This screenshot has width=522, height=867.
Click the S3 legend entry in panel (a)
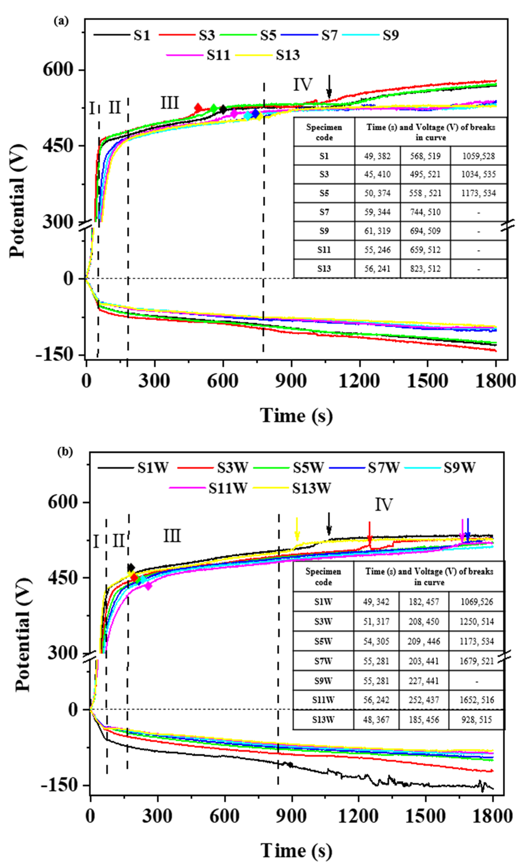(206, 35)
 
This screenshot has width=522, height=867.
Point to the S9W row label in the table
(323, 681)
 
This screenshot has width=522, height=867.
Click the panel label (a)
(61, 21)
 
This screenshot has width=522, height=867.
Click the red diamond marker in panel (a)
(198, 108)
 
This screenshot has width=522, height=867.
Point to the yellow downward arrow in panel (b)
(297, 529)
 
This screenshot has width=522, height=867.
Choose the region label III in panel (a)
(170, 103)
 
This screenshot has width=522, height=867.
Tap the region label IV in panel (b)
(383, 505)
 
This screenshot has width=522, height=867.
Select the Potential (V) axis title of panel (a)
(18, 201)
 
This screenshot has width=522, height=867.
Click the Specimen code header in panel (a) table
(324, 132)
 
